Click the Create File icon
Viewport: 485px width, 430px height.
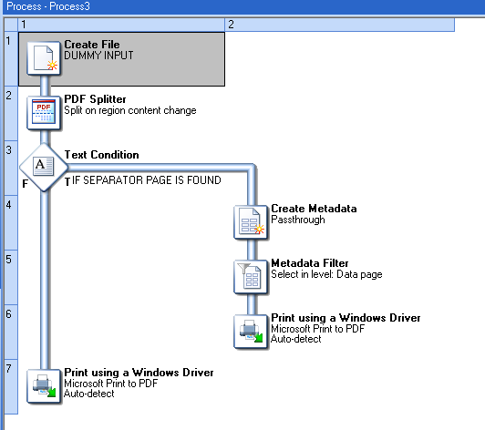pyautogui.click(x=44, y=58)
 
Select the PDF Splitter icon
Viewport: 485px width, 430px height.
pyautogui.click(x=44, y=113)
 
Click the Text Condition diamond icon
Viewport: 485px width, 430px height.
pyautogui.click(x=44, y=168)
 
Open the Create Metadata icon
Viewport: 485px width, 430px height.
pyautogui.click(x=251, y=222)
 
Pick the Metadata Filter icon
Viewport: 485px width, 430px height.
pyautogui.click(x=251, y=277)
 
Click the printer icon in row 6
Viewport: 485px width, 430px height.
pyautogui.click(x=251, y=332)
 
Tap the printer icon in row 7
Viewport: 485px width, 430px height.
pyautogui.click(x=44, y=386)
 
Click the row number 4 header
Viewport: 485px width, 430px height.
pyautogui.click(x=9, y=205)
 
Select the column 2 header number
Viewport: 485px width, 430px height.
pyautogui.click(x=231, y=25)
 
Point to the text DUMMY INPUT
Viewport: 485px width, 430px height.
pyautogui.click(x=98, y=56)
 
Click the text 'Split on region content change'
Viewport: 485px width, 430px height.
pyautogui.click(x=130, y=110)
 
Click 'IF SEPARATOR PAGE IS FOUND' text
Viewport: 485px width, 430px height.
pyautogui.click(x=147, y=180)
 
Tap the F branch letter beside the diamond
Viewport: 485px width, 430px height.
pyautogui.click(x=26, y=184)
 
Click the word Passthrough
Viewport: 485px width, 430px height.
pyautogui.click(x=298, y=220)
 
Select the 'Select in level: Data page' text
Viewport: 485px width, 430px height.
pyautogui.click(x=326, y=274)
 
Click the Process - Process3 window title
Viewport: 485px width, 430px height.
pyautogui.click(x=48, y=6)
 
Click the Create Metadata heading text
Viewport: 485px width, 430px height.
pyautogui.click(x=314, y=209)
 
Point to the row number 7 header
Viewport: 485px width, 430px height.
pyautogui.click(x=9, y=368)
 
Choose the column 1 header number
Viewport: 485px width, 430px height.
pyautogui.click(x=24, y=25)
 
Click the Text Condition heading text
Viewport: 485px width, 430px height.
pyautogui.click(x=102, y=155)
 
